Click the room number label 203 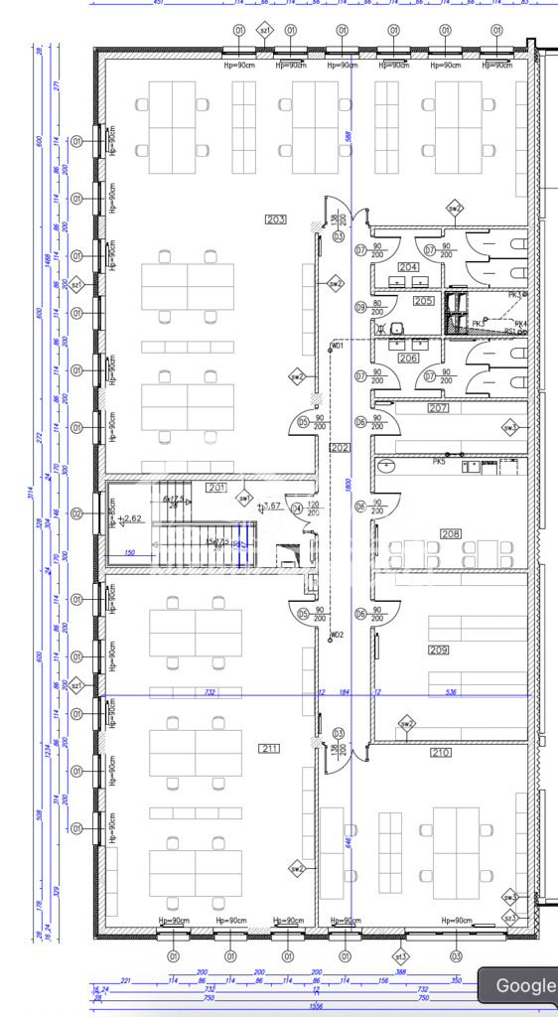[x=276, y=218]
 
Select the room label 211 [x=269, y=748]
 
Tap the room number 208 [x=451, y=533]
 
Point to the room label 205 [x=424, y=300]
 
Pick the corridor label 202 [x=341, y=448]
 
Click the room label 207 [x=438, y=408]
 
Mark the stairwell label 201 [x=216, y=488]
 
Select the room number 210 [x=440, y=753]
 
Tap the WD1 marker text [x=337, y=346]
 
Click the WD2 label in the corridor [x=338, y=635]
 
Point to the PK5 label [x=439, y=462]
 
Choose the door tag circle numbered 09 [x=360, y=307]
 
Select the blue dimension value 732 [x=209, y=691]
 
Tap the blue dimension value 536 [x=451, y=691]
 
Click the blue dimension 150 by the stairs [x=129, y=552]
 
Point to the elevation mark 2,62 [x=133, y=517]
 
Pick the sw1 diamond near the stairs [x=244, y=498]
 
